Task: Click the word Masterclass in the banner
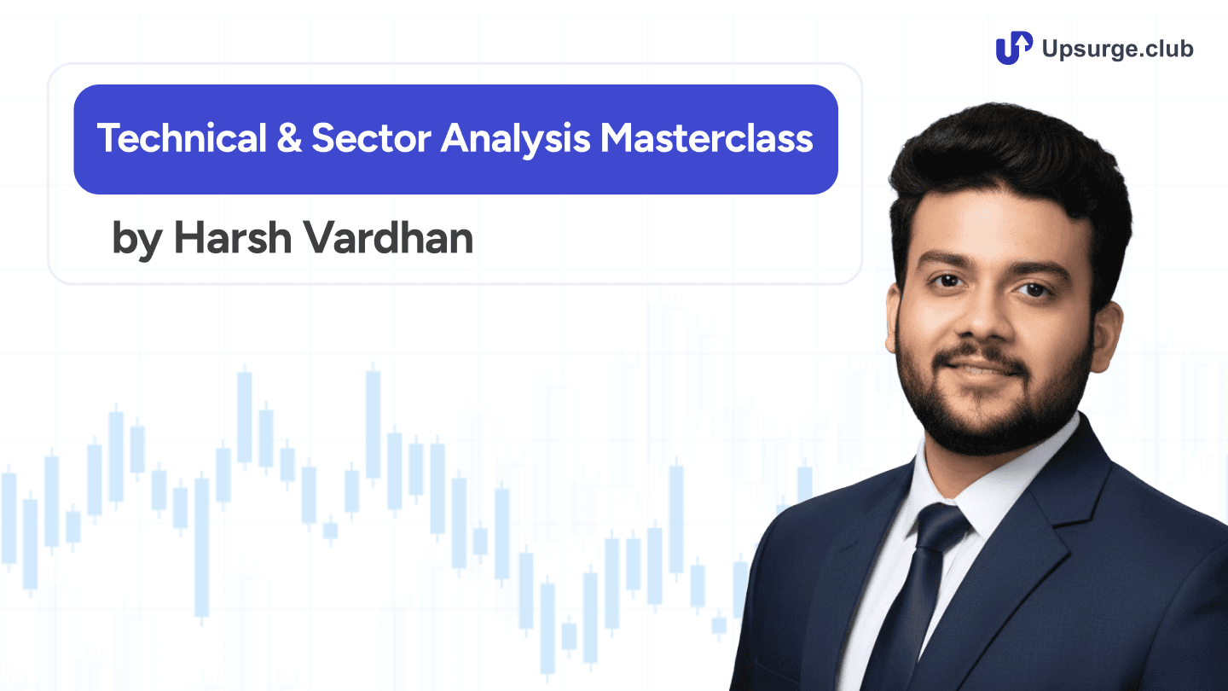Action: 707,138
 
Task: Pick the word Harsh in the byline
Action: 228,238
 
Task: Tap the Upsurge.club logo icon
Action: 1014,48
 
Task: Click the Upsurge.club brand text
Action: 1118,49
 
